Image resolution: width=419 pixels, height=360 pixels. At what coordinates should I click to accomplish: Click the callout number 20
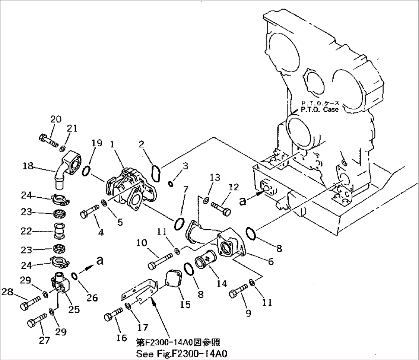pos(56,119)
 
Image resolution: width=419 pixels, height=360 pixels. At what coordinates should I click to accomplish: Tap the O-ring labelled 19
pos(87,170)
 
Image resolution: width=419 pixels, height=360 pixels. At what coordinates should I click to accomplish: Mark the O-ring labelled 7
pos(179,224)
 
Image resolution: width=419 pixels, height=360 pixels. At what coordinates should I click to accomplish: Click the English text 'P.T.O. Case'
pos(320,110)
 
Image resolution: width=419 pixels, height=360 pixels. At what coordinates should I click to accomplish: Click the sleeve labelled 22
pos(59,232)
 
